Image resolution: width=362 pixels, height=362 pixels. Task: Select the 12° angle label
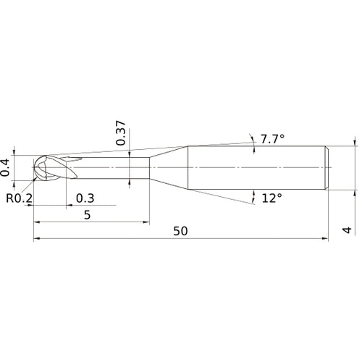click(271, 198)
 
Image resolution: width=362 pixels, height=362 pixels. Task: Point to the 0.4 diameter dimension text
click(7, 167)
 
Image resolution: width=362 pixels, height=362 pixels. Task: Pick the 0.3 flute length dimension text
click(85, 198)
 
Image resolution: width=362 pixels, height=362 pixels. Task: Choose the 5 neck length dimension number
click(87, 214)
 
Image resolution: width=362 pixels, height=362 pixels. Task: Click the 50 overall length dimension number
click(181, 231)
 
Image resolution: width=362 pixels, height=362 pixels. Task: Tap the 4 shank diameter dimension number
click(347, 231)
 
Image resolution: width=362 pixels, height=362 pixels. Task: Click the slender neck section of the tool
click(116, 168)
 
